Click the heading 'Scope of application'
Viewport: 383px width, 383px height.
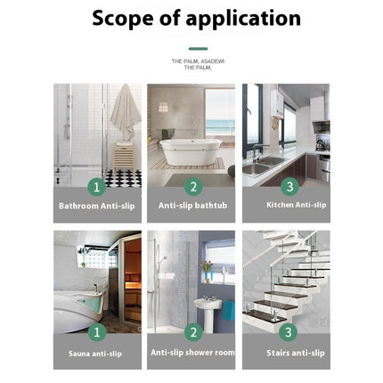click(197, 19)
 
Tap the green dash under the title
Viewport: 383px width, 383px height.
click(198, 49)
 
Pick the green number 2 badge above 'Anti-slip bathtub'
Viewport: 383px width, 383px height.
click(191, 186)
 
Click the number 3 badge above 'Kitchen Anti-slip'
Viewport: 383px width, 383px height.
click(288, 186)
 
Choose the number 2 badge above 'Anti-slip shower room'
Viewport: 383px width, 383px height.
click(191, 333)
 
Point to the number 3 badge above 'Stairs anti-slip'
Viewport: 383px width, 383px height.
click(288, 333)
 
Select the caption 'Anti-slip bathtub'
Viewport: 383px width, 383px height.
click(191, 205)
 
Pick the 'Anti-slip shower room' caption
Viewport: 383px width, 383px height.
click(191, 352)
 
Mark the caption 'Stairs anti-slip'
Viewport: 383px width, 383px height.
click(287, 353)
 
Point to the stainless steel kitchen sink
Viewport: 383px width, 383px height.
click(259, 167)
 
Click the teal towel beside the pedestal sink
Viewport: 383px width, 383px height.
click(229, 310)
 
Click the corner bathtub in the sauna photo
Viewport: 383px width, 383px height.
click(76, 307)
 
